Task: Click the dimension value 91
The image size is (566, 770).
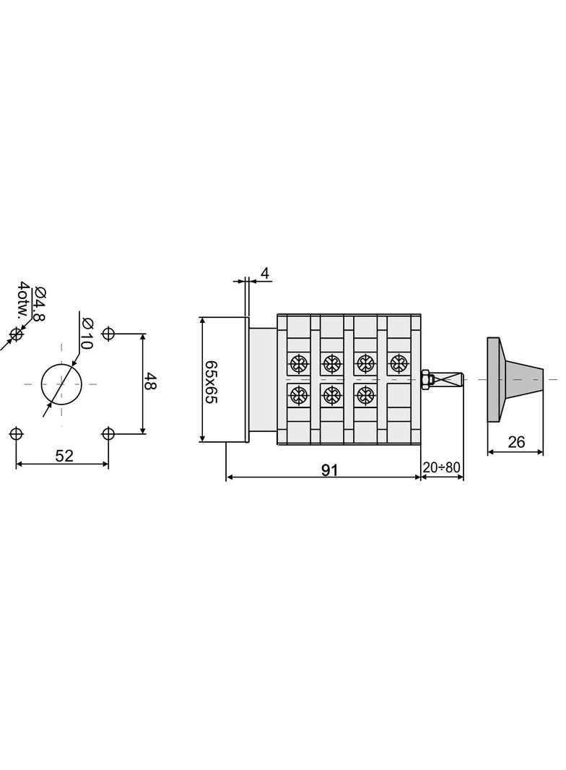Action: (330, 470)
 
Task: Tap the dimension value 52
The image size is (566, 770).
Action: (64, 457)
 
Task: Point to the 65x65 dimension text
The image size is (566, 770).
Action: (211, 381)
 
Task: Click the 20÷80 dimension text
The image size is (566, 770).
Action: (442, 467)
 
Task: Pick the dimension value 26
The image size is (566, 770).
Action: (516, 443)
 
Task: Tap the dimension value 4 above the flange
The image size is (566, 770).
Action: (265, 274)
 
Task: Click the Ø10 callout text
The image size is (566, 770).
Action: (86, 333)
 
